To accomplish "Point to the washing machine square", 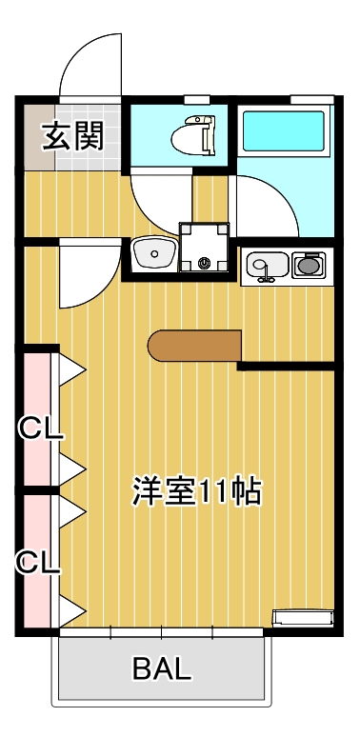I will coord(204,248).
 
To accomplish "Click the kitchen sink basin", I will coord(265,264).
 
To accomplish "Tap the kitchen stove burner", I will coord(308,264).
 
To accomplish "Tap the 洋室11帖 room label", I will coord(196,490).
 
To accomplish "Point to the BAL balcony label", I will coord(162,668).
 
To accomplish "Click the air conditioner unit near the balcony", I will coord(303,617).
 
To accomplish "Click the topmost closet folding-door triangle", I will coord(71,368).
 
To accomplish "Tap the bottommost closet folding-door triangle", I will coord(71,608).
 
